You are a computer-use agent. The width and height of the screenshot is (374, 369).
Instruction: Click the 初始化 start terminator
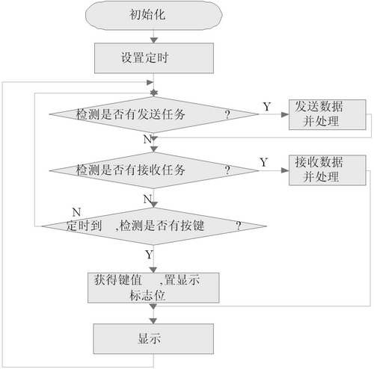coord(154,15)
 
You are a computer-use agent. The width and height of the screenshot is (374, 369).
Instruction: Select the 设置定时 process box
coord(154,58)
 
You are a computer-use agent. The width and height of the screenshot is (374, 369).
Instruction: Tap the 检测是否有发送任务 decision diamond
coord(154,114)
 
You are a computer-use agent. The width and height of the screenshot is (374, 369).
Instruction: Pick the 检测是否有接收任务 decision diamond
coord(154,170)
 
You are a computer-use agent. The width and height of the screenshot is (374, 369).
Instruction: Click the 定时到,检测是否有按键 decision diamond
coord(154,226)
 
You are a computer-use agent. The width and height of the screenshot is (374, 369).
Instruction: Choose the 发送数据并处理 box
coord(328,114)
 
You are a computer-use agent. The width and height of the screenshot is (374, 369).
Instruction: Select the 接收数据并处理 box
coord(328,170)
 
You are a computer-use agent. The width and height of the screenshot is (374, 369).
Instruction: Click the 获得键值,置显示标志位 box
coord(153,288)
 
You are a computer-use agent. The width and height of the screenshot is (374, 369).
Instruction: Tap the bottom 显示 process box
coord(153,339)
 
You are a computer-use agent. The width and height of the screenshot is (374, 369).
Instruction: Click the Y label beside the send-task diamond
coord(267,107)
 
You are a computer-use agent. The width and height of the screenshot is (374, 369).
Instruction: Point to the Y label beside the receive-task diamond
coord(264,162)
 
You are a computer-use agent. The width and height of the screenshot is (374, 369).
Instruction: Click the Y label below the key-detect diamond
coord(149,255)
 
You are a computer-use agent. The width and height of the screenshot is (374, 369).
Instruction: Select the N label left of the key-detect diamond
coord(76,212)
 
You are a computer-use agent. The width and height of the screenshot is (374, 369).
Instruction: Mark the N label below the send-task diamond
coord(147,139)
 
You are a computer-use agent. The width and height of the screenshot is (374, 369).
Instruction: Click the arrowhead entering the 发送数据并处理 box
coord(285,114)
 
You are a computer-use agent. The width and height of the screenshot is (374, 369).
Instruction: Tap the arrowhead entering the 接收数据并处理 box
coord(285,170)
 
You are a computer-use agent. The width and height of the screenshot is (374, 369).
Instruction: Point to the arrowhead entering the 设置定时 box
coord(154,40)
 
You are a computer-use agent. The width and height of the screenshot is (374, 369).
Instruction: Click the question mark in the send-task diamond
coord(227,114)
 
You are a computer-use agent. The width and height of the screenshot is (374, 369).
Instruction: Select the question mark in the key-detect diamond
coord(239,226)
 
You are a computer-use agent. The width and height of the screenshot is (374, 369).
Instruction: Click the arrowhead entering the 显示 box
coord(153,320)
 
